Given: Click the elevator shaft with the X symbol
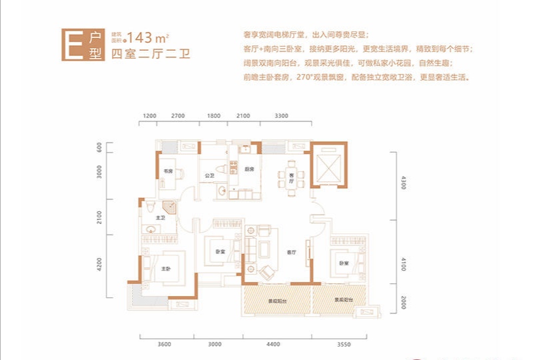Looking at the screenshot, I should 326,164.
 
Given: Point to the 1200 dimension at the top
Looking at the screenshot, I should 149,117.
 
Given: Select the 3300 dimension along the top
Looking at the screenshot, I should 281,117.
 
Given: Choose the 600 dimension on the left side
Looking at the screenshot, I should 100,147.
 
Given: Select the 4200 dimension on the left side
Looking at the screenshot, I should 100,265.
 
